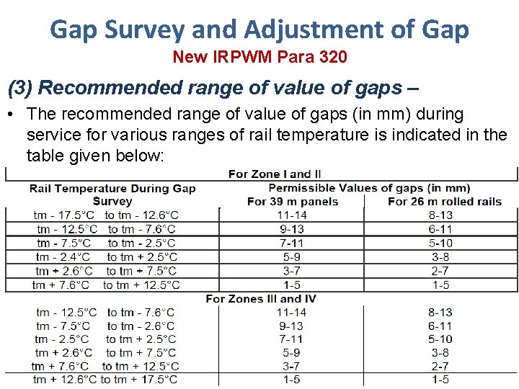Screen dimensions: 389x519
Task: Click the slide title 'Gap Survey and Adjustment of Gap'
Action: click(x=259, y=30)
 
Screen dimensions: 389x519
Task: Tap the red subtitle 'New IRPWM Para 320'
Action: click(x=259, y=57)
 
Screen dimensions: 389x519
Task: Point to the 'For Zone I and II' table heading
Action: click(x=275, y=174)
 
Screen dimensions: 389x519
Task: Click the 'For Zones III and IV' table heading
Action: click(x=260, y=298)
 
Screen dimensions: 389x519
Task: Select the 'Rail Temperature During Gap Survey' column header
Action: click(x=112, y=194)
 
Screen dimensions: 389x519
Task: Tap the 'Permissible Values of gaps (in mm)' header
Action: click(x=369, y=188)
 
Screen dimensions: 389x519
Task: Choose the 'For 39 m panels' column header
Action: click(x=292, y=201)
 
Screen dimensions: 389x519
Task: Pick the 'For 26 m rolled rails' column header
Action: click(x=444, y=201)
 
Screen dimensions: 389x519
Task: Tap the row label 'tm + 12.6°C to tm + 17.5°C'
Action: click(x=105, y=380)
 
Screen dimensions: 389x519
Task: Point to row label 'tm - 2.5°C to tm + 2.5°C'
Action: click(x=105, y=339)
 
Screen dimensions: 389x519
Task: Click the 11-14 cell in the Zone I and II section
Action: click(x=292, y=215)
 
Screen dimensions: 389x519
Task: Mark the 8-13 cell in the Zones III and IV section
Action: click(x=440, y=312)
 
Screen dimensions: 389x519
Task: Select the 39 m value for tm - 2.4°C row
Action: click(x=292, y=256)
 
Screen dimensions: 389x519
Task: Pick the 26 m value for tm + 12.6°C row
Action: click(x=440, y=380)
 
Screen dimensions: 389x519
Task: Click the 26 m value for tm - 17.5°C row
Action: click(x=440, y=215)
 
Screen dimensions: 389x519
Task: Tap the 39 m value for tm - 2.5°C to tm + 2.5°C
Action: click(x=292, y=339)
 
